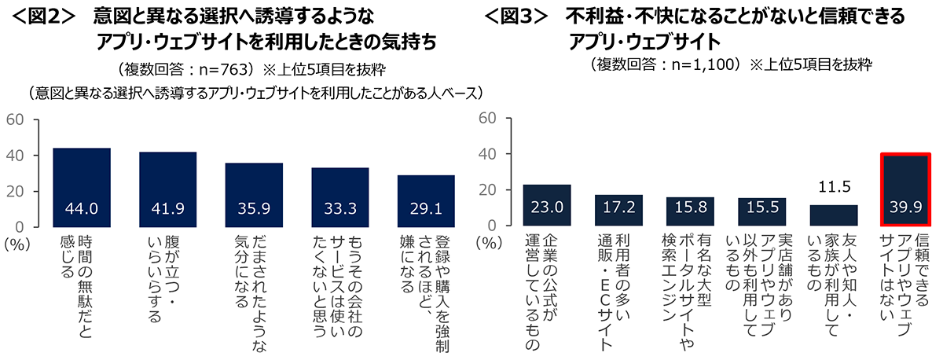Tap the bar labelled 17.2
point(618,211)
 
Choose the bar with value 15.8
point(690,211)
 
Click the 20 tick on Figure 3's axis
point(487,191)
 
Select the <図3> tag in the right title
point(516,16)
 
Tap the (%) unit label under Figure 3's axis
point(488,244)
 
